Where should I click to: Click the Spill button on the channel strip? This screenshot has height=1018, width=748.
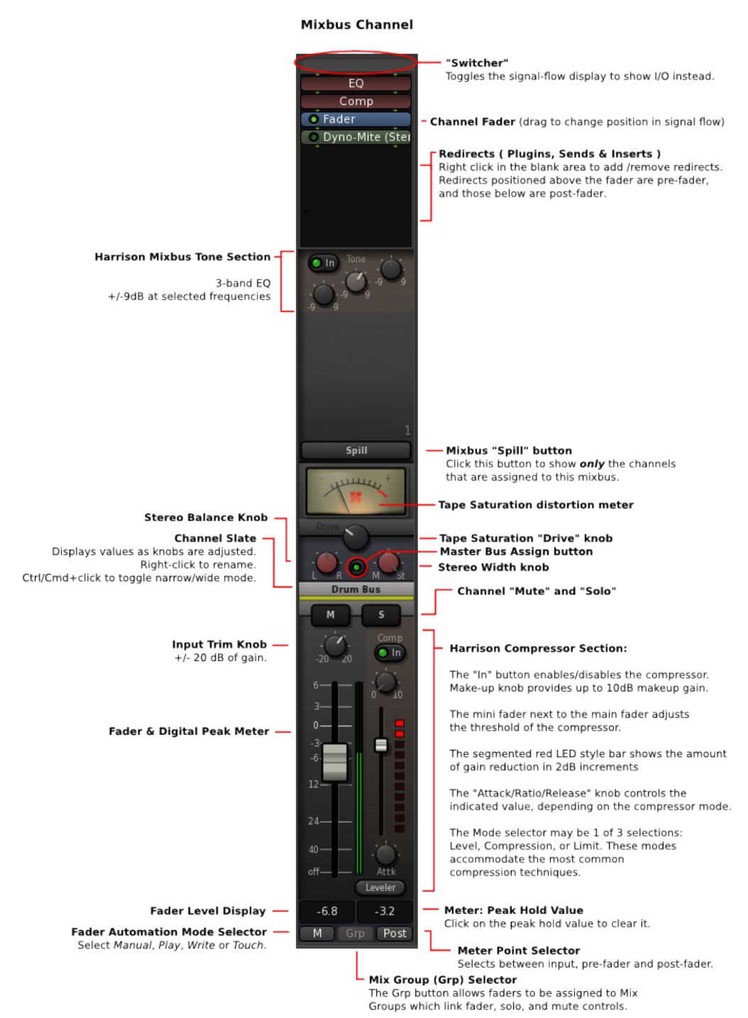[356, 450]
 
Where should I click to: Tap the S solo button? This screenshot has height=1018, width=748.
[381, 615]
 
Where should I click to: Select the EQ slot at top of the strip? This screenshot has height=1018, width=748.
[356, 84]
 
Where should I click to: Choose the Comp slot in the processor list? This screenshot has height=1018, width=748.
[356, 101]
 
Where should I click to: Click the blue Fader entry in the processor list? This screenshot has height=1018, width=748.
[356, 119]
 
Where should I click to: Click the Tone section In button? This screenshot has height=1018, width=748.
[324, 263]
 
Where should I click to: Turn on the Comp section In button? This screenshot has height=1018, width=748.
[390, 653]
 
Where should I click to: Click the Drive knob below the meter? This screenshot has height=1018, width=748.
[356, 538]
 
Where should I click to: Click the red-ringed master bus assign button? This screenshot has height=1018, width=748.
[357, 568]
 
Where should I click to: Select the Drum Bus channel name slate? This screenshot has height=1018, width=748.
[356, 590]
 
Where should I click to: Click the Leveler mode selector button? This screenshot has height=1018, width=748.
[380, 887]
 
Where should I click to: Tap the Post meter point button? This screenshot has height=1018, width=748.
[395, 934]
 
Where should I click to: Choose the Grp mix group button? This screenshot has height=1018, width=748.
[355, 934]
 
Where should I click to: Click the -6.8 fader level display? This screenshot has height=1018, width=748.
[326, 912]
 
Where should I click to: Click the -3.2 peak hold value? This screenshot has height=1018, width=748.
[385, 912]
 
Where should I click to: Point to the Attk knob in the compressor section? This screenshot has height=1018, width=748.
[385, 856]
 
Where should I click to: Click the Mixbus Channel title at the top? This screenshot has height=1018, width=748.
[357, 25]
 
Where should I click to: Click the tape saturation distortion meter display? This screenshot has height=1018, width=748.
[356, 491]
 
